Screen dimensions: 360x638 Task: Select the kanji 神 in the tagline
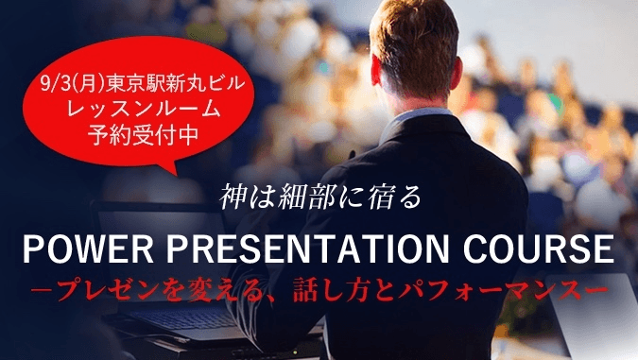tap(233, 198)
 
